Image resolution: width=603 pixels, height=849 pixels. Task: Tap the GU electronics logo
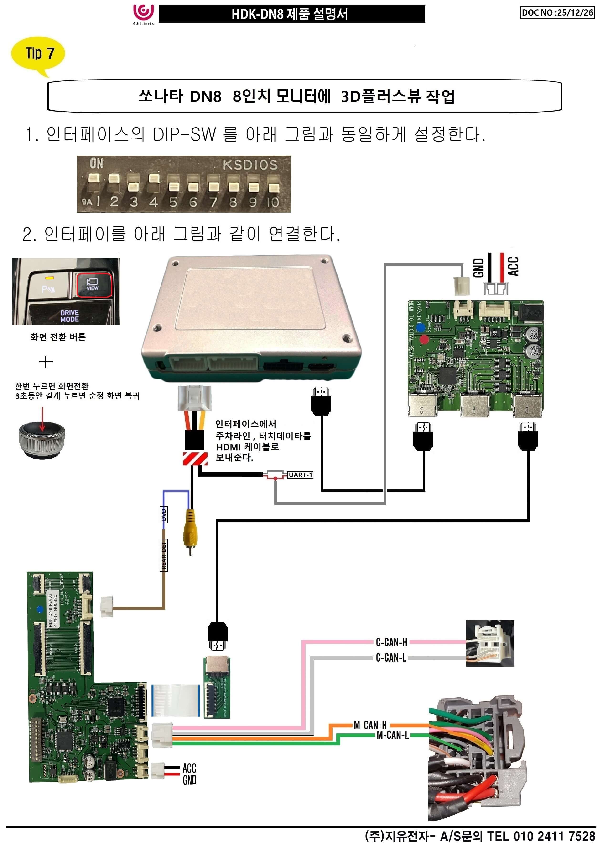143,14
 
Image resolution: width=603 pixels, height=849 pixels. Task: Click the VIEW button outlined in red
93,284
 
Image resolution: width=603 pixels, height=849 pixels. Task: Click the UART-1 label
300,475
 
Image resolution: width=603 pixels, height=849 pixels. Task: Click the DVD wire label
164,515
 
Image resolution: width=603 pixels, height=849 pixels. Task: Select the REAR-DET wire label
164,555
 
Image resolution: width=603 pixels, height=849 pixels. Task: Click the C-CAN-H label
391,642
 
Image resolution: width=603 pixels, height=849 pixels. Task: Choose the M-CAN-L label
392,735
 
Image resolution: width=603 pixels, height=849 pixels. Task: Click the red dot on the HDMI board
424,339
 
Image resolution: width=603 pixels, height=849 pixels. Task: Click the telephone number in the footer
554,836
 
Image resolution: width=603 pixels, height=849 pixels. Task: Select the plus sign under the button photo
46,362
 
